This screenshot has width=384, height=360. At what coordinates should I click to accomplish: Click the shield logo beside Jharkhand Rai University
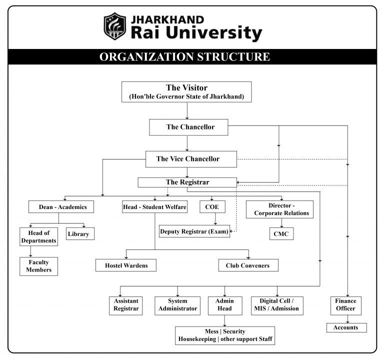(x=114, y=26)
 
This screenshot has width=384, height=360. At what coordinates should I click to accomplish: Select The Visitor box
(x=186, y=92)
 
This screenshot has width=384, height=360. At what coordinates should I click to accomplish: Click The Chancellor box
(x=188, y=127)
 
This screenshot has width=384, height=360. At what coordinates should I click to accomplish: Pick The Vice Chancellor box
(x=188, y=159)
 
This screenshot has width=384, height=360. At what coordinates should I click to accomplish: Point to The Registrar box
(x=187, y=182)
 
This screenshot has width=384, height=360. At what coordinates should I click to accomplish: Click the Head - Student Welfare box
(x=155, y=206)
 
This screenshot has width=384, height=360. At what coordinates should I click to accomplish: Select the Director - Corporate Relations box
(x=279, y=209)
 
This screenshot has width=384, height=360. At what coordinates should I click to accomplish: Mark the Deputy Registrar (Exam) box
(x=194, y=231)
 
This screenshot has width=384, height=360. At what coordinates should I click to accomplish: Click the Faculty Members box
(x=38, y=266)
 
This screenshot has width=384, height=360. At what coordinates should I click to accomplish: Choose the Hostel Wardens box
(x=125, y=265)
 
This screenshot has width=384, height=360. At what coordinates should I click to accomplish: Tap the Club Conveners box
(x=248, y=265)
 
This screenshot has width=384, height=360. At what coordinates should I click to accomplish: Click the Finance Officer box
(x=346, y=305)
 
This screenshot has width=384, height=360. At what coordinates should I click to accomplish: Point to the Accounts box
(x=346, y=327)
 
